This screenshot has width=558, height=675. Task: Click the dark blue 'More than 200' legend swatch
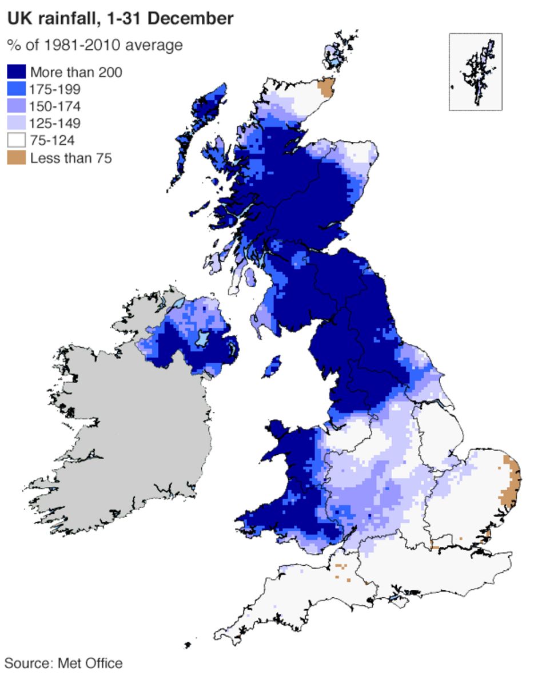(x=16, y=72)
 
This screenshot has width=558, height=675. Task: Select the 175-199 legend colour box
(x=16, y=89)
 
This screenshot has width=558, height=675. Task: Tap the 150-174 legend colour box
(x=16, y=106)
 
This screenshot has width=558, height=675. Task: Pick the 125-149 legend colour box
(x=16, y=124)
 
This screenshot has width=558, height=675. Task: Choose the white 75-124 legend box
(x=16, y=141)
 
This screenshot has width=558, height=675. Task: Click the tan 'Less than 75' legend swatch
(x=16, y=158)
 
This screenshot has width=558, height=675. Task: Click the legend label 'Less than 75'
(x=71, y=158)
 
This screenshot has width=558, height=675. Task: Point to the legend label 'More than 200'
(x=76, y=72)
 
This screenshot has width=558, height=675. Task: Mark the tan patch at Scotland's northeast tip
(x=327, y=88)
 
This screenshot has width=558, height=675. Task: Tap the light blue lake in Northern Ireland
(x=201, y=338)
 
